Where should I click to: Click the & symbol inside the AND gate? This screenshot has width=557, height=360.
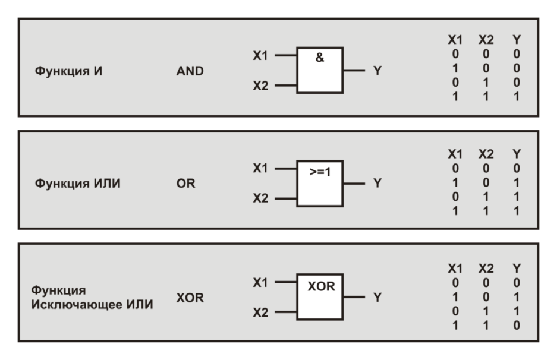[x=319, y=59]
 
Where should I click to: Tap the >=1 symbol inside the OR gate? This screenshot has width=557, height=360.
[x=319, y=173]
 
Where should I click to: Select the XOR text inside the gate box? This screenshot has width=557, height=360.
[x=321, y=286]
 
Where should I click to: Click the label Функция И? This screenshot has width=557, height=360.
[x=68, y=71]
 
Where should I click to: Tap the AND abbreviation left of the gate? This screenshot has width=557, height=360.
[x=190, y=71]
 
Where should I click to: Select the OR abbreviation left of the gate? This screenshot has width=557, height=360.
[x=186, y=184]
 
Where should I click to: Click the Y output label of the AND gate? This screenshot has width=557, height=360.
[x=376, y=71]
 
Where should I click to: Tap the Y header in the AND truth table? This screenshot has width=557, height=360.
[x=515, y=40]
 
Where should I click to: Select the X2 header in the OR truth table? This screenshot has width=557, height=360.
[x=486, y=154]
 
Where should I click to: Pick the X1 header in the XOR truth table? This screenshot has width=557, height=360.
[x=455, y=269]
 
